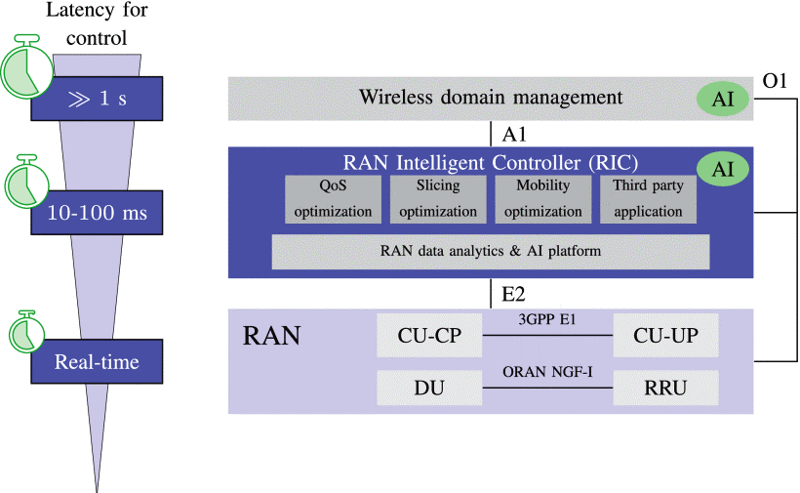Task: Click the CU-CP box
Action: point(429,335)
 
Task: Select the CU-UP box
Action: point(665,335)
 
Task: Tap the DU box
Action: point(429,388)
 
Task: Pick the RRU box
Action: point(665,388)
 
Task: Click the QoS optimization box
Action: point(333,199)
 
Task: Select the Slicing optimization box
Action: point(438,199)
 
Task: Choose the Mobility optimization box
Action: point(543,199)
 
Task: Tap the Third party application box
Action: point(648,199)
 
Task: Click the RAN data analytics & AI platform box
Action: point(491,252)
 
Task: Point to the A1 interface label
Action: point(514,134)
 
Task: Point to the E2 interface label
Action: point(513,294)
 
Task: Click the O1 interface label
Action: point(775,81)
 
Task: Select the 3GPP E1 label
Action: point(547,319)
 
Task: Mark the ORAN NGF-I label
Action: point(547,372)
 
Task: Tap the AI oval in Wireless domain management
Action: point(723,99)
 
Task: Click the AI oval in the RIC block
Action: point(723,169)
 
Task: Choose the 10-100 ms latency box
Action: point(97,212)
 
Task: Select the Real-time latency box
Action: point(97,361)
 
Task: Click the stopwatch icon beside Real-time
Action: point(27,332)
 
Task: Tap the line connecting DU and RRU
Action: point(547,388)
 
